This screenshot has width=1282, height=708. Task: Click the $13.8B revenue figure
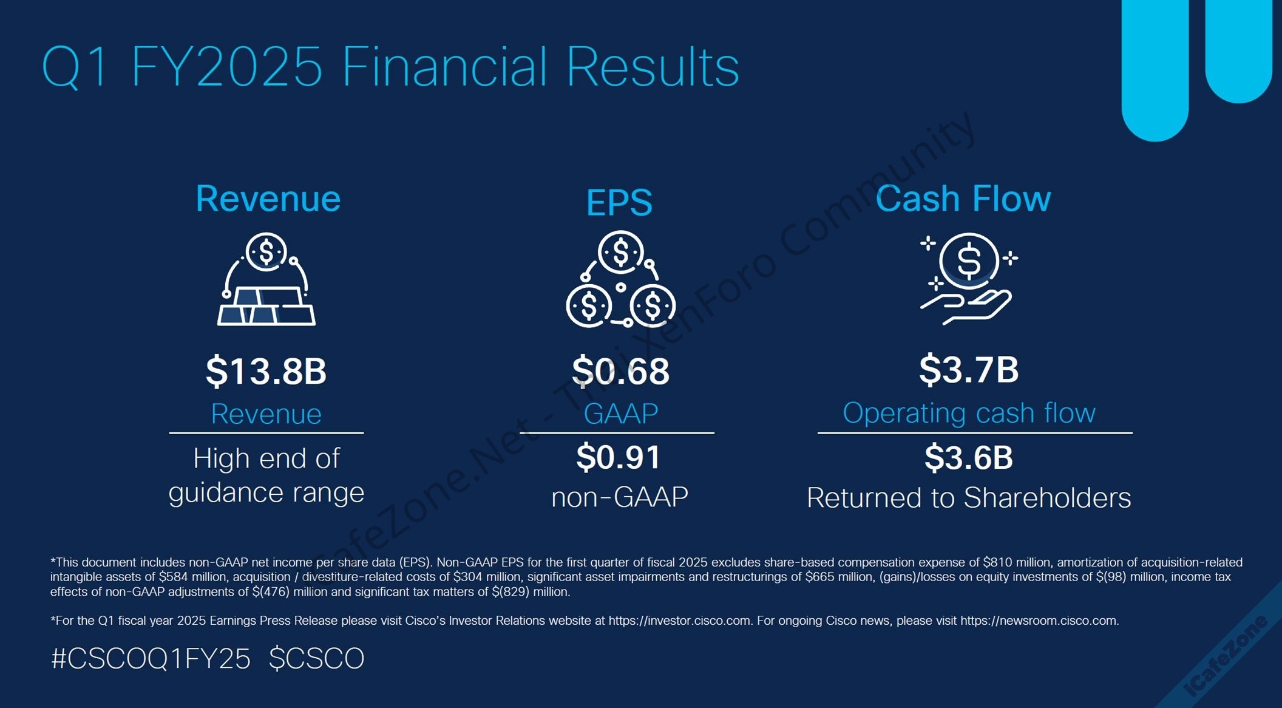click(266, 371)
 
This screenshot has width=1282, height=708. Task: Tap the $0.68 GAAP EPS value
click(620, 371)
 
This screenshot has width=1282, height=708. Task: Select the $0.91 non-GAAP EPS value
click(618, 457)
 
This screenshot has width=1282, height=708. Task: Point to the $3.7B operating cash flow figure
click(969, 369)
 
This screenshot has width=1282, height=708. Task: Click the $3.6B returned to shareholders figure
click(969, 457)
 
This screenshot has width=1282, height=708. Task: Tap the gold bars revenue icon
click(266, 279)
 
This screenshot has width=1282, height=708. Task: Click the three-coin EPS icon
click(620, 279)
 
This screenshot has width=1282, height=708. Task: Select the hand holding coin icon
click(968, 279)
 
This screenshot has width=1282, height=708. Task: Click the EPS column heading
click(619, 202)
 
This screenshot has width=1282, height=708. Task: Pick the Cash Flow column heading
click(963, 199)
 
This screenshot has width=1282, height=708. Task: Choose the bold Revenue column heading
click(268, 199)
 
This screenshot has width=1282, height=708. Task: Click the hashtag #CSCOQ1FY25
click(151, 659)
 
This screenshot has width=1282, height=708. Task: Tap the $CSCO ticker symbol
click(316, 659)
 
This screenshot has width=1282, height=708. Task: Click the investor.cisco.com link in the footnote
click(680, 621)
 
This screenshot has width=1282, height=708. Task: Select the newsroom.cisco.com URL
click(1039, 621)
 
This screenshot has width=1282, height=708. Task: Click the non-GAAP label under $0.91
click(620, 497)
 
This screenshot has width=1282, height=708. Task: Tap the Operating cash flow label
click(969, 413)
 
